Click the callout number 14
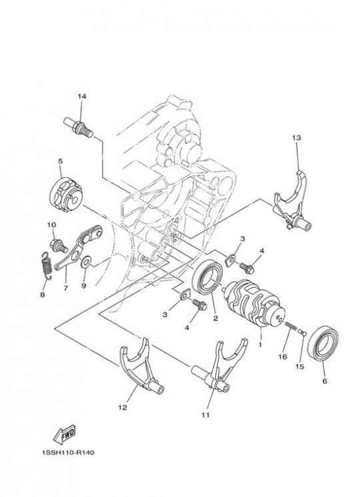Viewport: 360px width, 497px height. (x=82, y=96)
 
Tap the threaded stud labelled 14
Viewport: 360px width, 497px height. (x=79, y=127)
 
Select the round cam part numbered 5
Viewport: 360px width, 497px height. (x=66, y=195)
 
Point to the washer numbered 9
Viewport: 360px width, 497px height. (x=85, y=262)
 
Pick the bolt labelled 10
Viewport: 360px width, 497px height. (x=59, y=245)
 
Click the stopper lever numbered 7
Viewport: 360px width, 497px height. (x=78, y=248)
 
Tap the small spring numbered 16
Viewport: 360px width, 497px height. (x=289, y=326)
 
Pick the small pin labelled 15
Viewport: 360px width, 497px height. (x=303, y=332)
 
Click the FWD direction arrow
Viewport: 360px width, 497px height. (x=65, y=434)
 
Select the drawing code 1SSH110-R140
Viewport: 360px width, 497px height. (x=67, y=452)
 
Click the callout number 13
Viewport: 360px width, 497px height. (x=297, y=138)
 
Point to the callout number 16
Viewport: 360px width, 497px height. (x=283, y=357)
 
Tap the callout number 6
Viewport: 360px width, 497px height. (x=325, y=381)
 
